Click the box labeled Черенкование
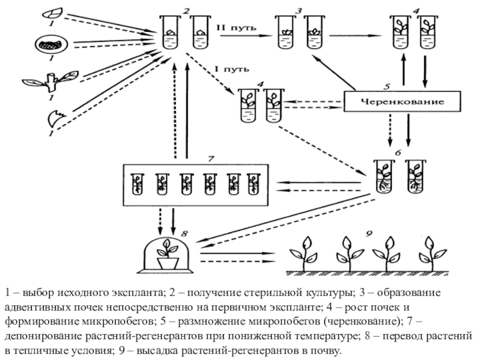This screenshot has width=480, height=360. [402, 102]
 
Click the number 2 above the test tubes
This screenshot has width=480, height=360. [187, 11]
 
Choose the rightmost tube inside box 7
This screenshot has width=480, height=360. [254, 183]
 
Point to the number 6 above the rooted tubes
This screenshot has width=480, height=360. [397, 153]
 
